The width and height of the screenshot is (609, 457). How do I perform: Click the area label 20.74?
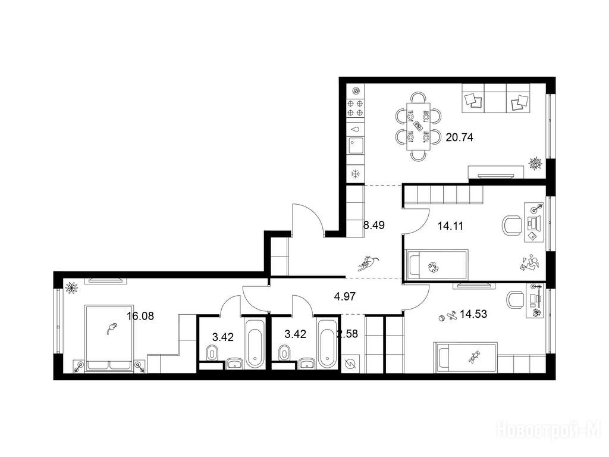[x=460, y=137]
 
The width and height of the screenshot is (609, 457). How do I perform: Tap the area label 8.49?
[x=373, y=225]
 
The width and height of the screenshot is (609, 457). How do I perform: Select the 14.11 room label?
[x=450, y=226]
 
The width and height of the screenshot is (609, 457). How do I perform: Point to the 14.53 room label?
[x=473, y=314]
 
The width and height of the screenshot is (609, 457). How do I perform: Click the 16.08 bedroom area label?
[x=140, y=316]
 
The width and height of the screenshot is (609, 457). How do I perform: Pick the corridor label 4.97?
[x=345, y=297]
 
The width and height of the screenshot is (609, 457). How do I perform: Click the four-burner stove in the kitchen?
[x=356, y=108]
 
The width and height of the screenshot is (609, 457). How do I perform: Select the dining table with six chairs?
[x=419, y=126]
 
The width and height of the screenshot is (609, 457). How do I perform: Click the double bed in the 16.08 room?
[x=109, y=338]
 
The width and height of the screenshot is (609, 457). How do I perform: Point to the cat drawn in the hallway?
[x=368, y=263]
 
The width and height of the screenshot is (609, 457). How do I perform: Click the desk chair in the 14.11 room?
[x=512, y=226]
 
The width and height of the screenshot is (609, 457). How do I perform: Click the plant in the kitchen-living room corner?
[x=536, y=163]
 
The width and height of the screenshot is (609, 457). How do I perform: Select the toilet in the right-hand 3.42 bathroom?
[x=284, y=353]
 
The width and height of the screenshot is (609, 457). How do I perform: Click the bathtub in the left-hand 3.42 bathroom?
[x=255, y=343]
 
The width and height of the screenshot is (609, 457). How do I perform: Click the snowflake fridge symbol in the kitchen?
[x=355, y=174]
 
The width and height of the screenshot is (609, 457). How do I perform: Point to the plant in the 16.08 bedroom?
[x=71, y=287]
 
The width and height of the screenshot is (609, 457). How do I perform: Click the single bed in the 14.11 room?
[x=437, y=264]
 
